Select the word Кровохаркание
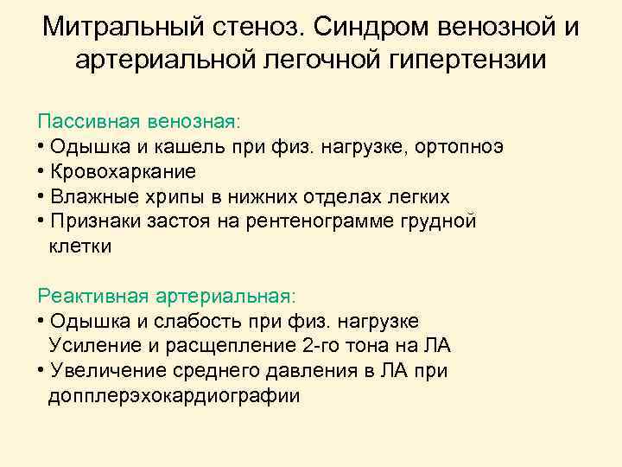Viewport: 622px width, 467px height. pos(123,170)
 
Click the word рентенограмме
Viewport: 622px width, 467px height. pos(314,221)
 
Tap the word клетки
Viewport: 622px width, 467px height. pos(80,246)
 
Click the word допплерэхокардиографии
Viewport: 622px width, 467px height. pos(175,396)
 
